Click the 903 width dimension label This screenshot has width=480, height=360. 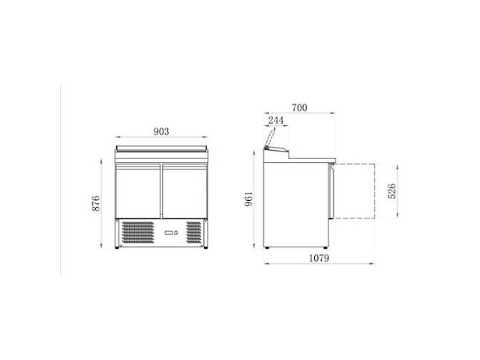coord(161,131)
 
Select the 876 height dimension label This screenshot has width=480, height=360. coord(96,203)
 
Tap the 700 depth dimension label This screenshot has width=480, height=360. coord(299,108)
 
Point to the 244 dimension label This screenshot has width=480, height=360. coord(276,120)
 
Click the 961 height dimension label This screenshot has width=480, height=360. coord(249,199)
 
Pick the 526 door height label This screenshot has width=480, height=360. coord(391,191)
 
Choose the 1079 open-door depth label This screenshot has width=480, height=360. coord(319,258)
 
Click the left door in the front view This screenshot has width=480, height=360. coord(138,191)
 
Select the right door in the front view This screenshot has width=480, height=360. coord(184,191)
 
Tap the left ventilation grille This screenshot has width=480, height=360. coord(138,232)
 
